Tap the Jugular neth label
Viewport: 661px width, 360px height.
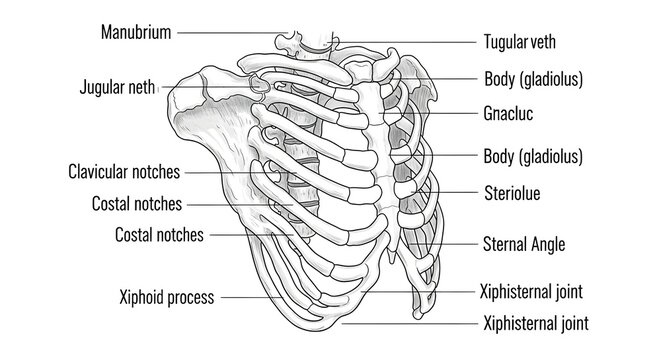click(x=117, y=87)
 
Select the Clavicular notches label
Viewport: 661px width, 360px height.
click(x=125, y=172)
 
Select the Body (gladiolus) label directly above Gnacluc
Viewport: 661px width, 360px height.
click(x=533, y=77)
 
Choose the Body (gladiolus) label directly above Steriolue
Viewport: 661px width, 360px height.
click(x=533, y=157)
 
